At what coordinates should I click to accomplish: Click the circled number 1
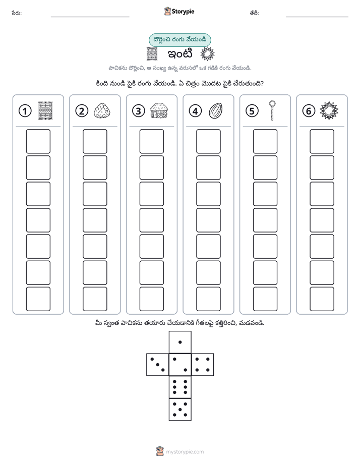click(25, 111)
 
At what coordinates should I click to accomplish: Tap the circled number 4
click(195, 111)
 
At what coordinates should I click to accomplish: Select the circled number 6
click(309, 111)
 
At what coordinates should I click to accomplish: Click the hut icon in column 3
click(159, 110)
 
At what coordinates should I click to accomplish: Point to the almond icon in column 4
click(216, 110)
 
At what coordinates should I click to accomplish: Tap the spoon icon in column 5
click(272, 110)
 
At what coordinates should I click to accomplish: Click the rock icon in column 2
click(102, 111)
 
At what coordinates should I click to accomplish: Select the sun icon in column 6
click(329, 110)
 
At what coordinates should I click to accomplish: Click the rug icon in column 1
click(45, 110)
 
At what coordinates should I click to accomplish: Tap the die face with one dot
click(180, 342)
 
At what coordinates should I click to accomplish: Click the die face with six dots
click(180, 387)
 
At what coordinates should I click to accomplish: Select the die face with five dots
click(180, 410)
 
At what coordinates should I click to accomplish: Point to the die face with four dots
click(203, 365)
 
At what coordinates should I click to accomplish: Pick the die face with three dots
click(158, 365)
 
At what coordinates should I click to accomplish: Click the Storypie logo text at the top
click(183, 12)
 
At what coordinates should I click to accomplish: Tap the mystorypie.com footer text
click(185, 452)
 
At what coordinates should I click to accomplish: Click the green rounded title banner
click(179, 40)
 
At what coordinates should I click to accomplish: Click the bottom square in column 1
click(38, 299)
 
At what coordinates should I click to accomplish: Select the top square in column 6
click(322, 141)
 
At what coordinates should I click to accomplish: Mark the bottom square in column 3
click(152, 299)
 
